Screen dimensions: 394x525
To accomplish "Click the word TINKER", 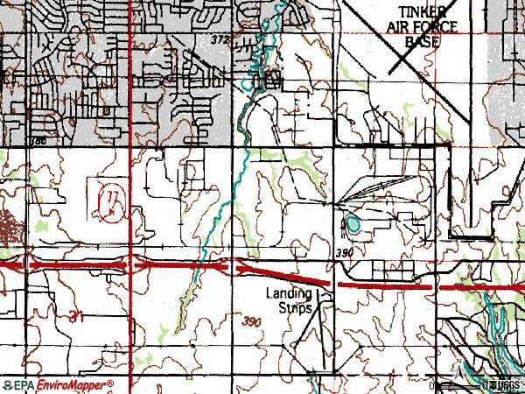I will point(423,11).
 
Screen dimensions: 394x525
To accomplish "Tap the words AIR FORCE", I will point(422,25).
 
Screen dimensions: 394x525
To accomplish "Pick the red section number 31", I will point(74,319).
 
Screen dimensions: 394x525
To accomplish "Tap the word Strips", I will point(294,308).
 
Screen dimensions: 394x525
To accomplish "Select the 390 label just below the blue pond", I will point(345,252).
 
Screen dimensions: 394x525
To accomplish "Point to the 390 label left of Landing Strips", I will point(253,322).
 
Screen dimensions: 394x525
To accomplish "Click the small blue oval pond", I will point(353,224).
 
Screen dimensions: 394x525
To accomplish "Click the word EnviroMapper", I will point(73,386).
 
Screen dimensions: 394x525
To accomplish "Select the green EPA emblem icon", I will point(7,386).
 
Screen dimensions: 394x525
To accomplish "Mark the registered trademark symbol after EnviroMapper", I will point(111,383).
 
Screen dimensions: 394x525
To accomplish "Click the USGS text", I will point(507,385).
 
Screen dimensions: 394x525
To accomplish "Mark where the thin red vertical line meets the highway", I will point(130,263).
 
